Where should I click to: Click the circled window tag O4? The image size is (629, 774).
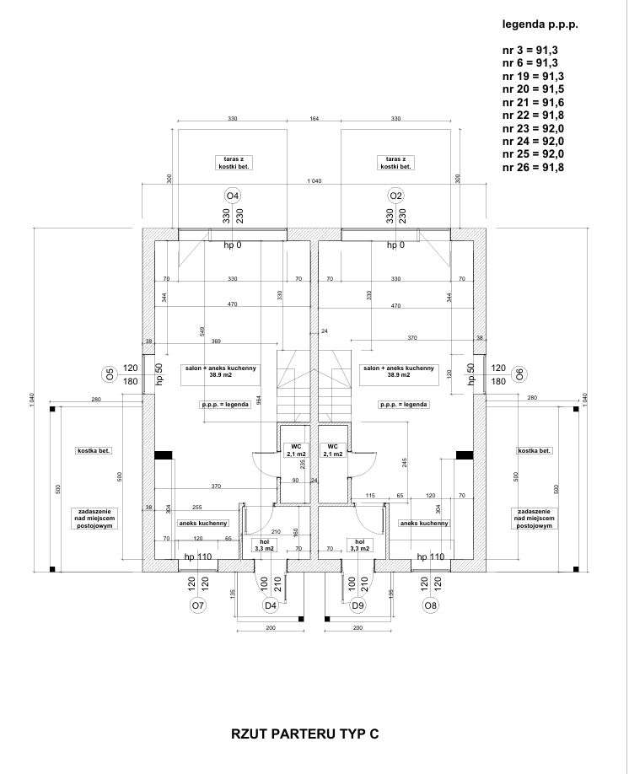pyautogui.click(x=233, y=197)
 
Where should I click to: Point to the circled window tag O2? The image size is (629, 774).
pyautogui.click(x=396, y=197)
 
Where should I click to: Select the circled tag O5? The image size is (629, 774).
pyautogui.click(x=108, y=374)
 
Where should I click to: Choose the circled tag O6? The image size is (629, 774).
pyautogui.click(x=519, y=374)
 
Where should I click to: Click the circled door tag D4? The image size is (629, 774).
pyautogui.click(x=271, y=605)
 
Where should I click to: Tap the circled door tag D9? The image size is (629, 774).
pyautogui.click(x=358, y=605)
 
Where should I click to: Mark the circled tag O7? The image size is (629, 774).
pyautogui.click(x=198, y=605)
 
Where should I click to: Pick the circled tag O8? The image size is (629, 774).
pyautogui.click(x=431, y=605)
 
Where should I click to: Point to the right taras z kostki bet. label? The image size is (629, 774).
pyautogui.click(x=396, y=163)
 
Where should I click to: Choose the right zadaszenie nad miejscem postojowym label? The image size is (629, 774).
pyautogui.click(x=535, y=518)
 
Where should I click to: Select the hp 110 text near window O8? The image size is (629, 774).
pyautogui.click(x=431, y=557)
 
